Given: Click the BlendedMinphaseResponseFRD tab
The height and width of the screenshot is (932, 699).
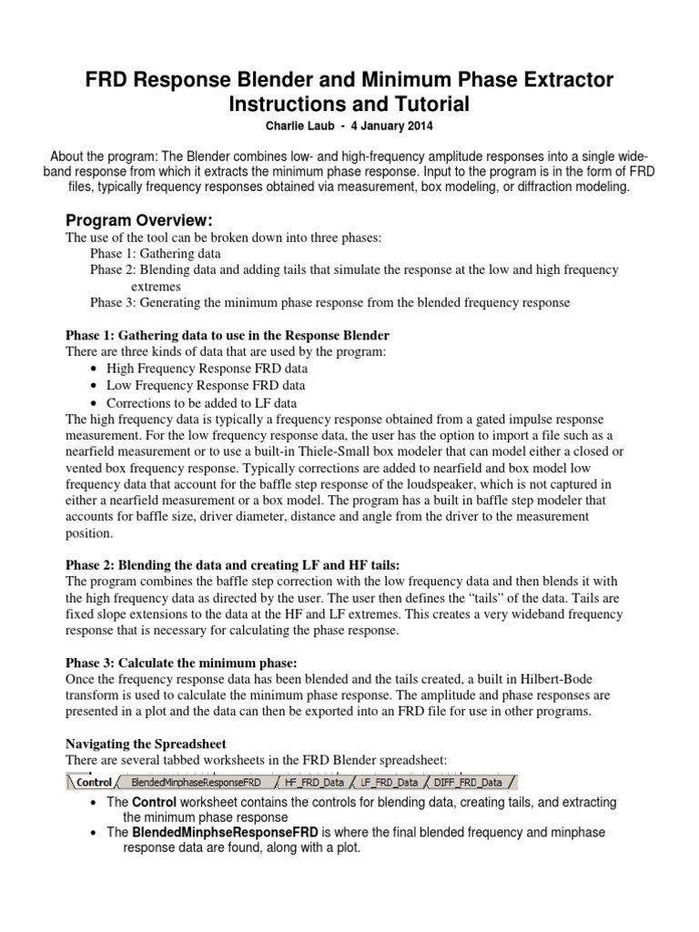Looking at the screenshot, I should (196, 781).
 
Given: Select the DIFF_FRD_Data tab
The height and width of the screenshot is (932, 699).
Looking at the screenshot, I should (466, 781).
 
